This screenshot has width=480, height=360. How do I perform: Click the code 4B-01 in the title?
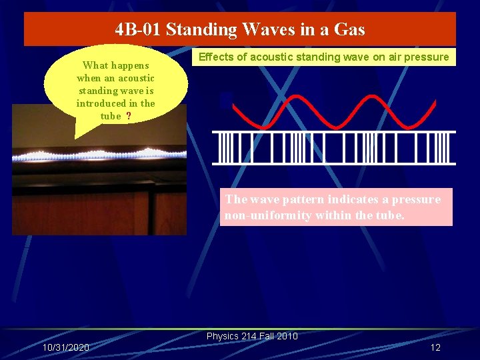(x=138, y=29)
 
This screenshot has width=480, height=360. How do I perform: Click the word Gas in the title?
(x=349, y=29)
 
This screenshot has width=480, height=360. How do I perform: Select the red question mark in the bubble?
(x=128, y=116)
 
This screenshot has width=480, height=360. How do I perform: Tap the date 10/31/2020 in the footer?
(x=65, y=348)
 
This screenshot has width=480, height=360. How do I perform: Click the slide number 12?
(x=435, y=348)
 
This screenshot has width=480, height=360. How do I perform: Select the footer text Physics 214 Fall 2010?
(x=252, y=336)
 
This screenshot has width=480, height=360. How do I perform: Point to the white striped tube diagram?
(x=333, y=147)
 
